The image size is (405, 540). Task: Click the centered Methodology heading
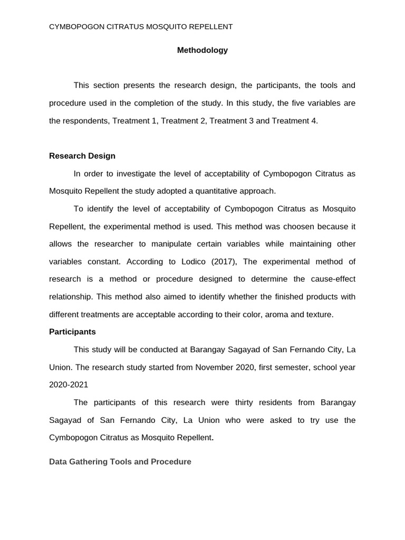coord(202,50)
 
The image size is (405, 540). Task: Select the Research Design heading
coord(82,156)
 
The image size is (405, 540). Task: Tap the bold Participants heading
coord(72,332)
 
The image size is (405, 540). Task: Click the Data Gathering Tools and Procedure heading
coord(120,461)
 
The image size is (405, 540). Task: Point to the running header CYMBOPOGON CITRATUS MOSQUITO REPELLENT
coord(141,26)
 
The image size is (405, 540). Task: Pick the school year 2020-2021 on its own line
coord(69,384)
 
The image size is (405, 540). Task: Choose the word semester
coord(293,367)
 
